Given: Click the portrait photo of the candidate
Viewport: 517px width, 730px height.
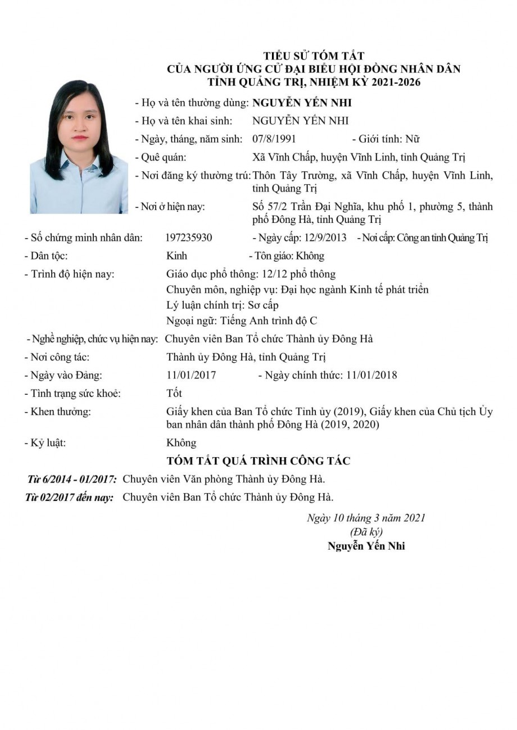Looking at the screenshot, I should point(79,147).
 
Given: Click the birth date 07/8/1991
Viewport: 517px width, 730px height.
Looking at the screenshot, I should point(274,139).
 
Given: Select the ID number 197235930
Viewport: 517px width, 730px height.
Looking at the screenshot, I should point(189,238).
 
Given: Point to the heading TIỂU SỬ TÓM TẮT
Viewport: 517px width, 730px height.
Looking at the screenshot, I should point(314,56).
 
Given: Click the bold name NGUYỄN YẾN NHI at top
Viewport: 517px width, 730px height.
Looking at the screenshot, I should point(302,103).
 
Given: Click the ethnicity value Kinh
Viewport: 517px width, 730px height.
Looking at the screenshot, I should point(176,256).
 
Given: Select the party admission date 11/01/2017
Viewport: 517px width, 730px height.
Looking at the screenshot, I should point(191,375).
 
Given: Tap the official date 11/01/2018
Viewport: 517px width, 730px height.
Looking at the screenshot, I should point(371,375).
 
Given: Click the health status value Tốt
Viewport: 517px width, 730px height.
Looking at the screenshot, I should point(174,393).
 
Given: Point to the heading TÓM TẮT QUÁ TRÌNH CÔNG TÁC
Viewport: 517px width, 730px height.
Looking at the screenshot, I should point(258,461).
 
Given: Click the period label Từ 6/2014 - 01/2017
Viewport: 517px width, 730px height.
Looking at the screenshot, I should point(72,479).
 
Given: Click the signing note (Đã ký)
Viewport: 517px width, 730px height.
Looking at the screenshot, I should point(366,532).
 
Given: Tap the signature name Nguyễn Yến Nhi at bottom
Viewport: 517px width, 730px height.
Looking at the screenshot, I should point(366,546).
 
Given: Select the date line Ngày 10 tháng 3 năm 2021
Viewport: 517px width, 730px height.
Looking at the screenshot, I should point(366,518).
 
